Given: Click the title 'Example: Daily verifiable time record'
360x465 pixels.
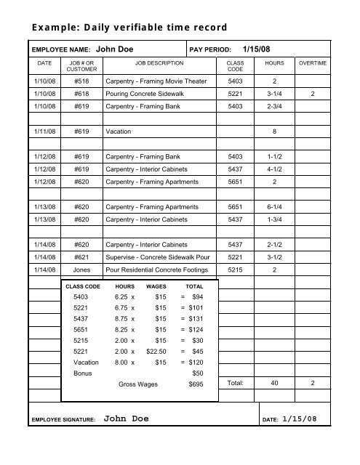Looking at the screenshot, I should [x=129, y=28].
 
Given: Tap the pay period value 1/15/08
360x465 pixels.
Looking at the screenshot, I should [x=260, y=49].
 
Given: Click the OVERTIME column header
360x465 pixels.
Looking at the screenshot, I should [x=313, y=64].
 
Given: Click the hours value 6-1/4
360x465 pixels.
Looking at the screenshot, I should [x=275, y=207].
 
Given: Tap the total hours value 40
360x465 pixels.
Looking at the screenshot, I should [x=274, y=383].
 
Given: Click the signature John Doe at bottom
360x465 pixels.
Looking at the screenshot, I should [x=127, y=419].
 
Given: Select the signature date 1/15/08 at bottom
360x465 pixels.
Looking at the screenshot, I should [x=300, y=419].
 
